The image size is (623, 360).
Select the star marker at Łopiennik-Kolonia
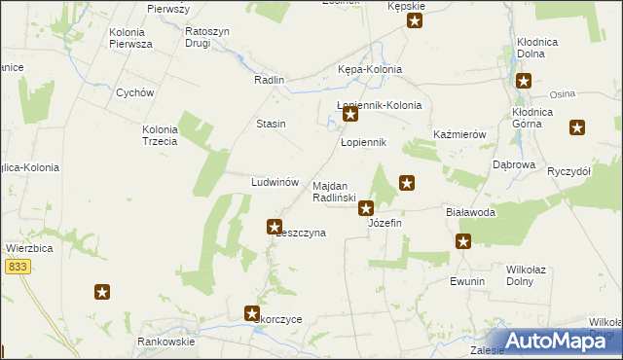[x=351, y=116]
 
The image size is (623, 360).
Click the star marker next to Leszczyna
[x=275, y=227]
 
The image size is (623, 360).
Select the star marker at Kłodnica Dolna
[x=524, y=82]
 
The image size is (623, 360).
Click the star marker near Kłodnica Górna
[x=578, y=126]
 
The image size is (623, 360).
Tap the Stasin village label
[x=271, y=124]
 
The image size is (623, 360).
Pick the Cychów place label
[x=135, y=93]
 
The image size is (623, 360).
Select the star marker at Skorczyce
[x=252, y=313]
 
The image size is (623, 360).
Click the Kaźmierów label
[x=459, y=134]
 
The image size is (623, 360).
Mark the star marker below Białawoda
[x=463, y=242]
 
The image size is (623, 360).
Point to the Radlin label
[x=268, y=81]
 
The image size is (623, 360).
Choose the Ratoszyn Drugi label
[x=207, y=37]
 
